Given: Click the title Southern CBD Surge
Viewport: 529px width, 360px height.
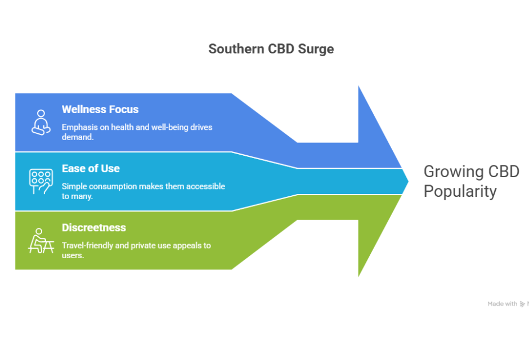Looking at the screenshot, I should coord(271,49).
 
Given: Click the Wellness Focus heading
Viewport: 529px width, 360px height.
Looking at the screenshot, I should coord(100,109).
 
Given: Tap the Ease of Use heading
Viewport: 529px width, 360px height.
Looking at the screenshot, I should coord(91,168).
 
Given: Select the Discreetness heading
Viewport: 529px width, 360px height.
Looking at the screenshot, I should coord(94,227).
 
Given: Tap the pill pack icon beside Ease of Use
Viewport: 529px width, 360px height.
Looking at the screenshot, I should coord(41,181).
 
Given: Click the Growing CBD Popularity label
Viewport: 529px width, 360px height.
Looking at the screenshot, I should coord(471,181).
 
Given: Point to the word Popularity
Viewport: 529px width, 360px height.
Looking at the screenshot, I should coord(460,191).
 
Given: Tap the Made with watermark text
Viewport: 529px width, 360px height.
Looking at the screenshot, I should coord(502,304).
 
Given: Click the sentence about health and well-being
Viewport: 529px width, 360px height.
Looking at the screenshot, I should coord(137,132).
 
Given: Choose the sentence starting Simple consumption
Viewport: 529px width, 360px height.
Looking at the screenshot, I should coord(143,191).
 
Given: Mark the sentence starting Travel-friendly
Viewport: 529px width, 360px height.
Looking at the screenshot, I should coord(136,250).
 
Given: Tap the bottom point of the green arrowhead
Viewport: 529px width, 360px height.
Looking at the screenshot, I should coord(359,275).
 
